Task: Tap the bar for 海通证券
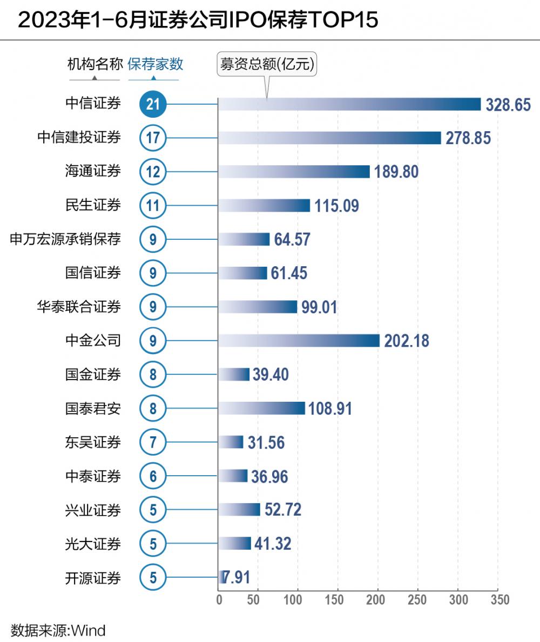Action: [x=294, y=172]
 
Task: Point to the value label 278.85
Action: [x=468, y=138]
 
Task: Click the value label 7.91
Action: [x=237, y=578]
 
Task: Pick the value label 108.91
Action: [x=330, y=409]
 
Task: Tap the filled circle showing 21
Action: [x=153, y=104]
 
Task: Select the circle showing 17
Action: [x=153, y=138]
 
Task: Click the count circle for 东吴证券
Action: [x=153, y=443]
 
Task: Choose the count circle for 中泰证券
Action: [x=153, y=477]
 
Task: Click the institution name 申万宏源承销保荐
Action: [x=65, y=239]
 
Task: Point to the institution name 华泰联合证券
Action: [x=79, y=307]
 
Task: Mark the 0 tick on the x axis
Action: [x=219, y=600]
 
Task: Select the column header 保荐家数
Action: [x=155, y=64]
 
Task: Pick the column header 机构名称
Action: [x=95, y=64]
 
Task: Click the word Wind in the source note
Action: [x=89, y=630]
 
